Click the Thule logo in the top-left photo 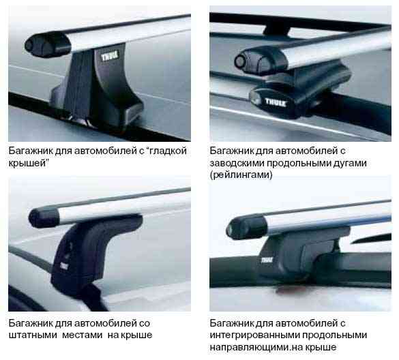pos(110,56)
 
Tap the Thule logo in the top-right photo pos(276,102)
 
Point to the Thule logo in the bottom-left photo pos(65,265)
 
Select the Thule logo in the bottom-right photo pos(267,260)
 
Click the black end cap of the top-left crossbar pos(47,45)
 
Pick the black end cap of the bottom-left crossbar pos(44,217)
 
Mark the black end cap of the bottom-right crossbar pos(246,227)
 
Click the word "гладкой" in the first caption pos(168,151)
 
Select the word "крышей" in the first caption pos(29,163)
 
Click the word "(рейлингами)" pos(241,175)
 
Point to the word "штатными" pos(33,335)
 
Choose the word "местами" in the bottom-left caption pos(83,335)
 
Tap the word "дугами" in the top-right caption pos(350,163)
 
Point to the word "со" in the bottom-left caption pos(145,323)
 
